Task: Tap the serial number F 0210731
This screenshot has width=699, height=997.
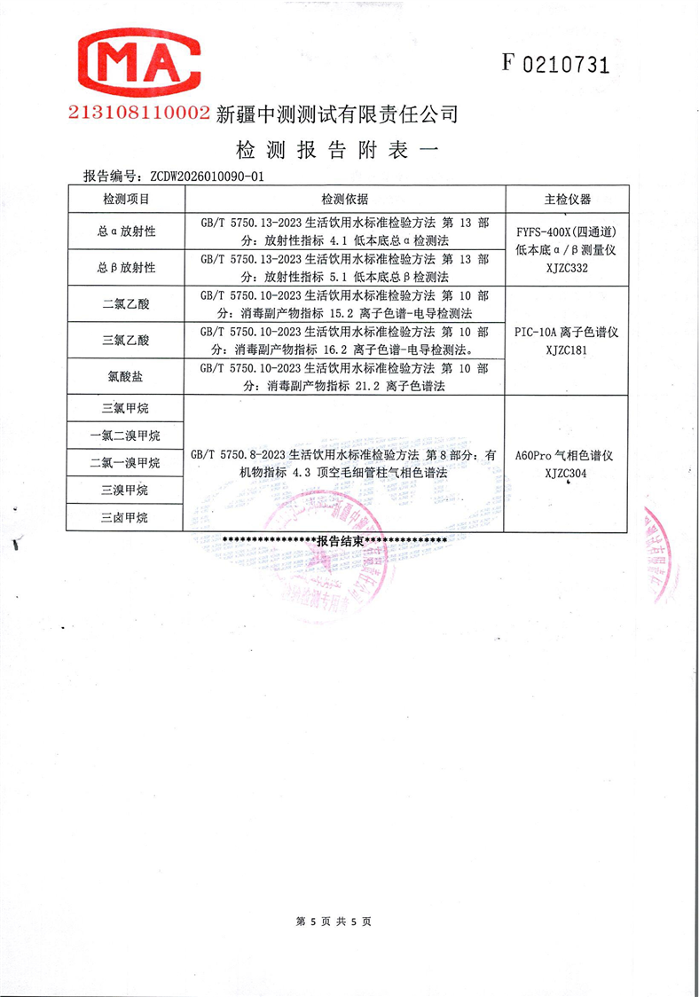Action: click(x=555, y=63)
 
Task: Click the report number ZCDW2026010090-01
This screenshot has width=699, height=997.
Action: click(x=208, y=177)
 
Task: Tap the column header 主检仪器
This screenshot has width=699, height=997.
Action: click(x=567, y=199)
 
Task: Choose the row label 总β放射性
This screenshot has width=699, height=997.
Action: click(x=126, y=267)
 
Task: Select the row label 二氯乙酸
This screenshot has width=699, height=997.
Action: click(x=126, y=303)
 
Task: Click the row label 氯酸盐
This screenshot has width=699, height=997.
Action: click(x=126, y=376)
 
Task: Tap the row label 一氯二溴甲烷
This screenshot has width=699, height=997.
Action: click(x=125, y=436)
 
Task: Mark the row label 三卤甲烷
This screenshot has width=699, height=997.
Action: click(x=125, y=517)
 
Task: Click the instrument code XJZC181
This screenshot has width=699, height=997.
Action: click(x=566, y=349)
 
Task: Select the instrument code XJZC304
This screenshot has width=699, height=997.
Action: click(x=566, y=474)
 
